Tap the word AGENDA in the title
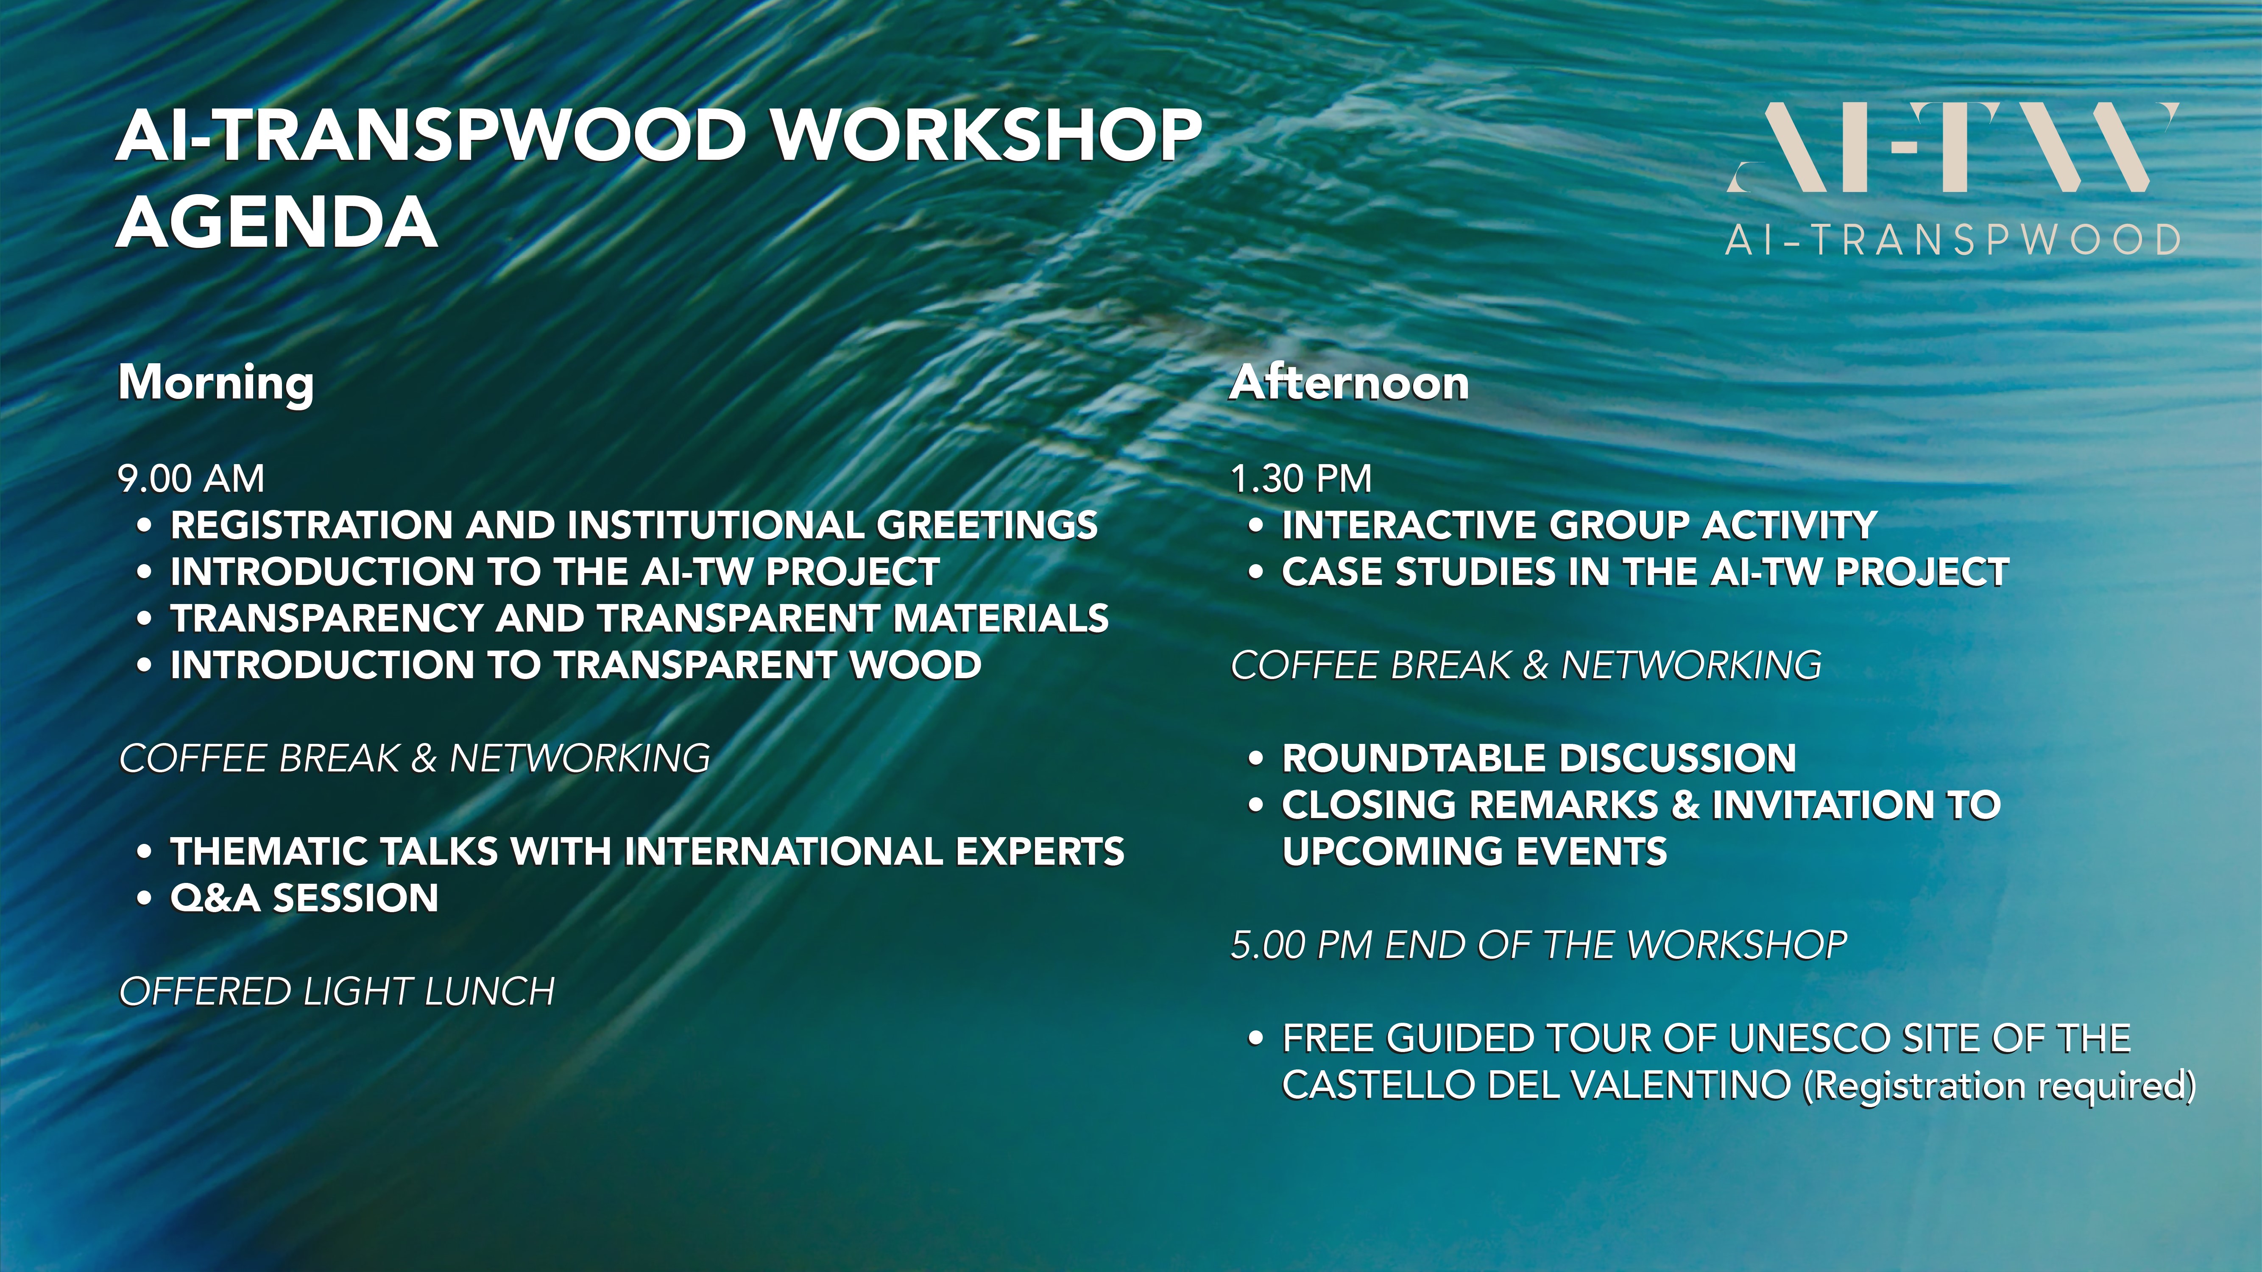click(276, 222)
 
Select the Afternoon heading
click(1349, 383)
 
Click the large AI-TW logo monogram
click(1953, 148)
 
